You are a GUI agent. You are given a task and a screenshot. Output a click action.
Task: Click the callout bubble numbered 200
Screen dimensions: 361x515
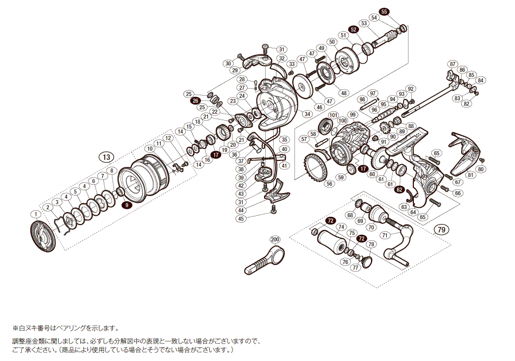click(x=275, y=240)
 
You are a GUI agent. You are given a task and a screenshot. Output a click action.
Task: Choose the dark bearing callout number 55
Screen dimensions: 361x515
click(x=384, y=12)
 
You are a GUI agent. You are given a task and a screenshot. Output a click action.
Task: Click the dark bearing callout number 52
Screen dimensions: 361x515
click(x=354, y=30)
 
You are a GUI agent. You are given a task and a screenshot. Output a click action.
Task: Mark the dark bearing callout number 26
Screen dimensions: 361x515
click(x=195, y=101)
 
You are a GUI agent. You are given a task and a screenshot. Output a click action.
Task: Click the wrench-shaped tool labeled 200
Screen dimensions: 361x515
click(x=264, y=260)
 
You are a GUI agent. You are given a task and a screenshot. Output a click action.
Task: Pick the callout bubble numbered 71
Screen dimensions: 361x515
click(x=385, y=235)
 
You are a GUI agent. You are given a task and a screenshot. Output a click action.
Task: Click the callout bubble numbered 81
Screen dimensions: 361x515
click(x=470, y=175)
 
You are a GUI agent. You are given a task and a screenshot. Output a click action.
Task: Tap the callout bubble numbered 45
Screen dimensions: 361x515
click(x=241, y=219)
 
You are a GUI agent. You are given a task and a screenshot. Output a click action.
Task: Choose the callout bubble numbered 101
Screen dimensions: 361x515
click(x=333, y=115)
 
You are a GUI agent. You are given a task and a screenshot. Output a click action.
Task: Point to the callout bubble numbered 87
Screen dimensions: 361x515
click(x=453, y=64)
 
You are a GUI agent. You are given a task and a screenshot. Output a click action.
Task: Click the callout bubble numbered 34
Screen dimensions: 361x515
click(x=307, y=114)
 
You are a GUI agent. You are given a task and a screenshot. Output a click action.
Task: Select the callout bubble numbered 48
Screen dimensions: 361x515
click(x=343, y=93)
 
